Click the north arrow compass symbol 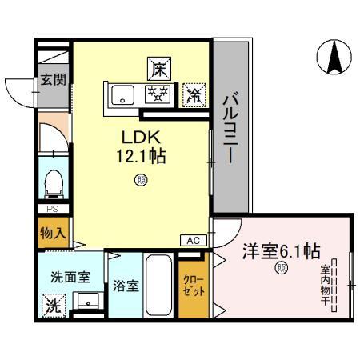(x=334, y=57)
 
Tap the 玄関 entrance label (x=53, y=79)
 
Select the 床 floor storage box (x=159, y=69)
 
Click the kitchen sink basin (x=122, y=95)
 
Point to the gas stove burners (x=158, y=94)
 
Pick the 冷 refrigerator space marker (x=194, y=95)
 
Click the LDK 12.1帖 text (x=142, y=146)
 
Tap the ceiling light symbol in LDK (x=141, y=180)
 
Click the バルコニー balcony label (x=230, y=127)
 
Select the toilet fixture (x=54, y=184)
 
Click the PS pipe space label (x=52, y=209)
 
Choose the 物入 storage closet (x=54, y=233)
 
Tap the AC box (x=194, y=241)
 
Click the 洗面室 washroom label (x=70, y=278)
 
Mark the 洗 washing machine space (x=54, y=306)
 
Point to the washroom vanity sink (x=88, y=301)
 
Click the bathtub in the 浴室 (x=158, y=285)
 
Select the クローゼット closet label (x=194, y=286)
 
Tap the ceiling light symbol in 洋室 (x=282, y=268)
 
